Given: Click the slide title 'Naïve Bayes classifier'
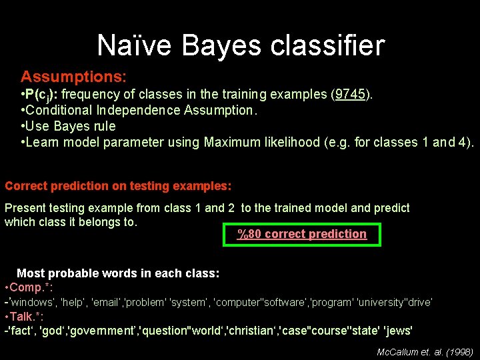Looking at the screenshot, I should point(241,45).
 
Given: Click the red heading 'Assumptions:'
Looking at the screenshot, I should point(73,77).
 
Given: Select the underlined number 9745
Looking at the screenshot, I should point(351,94).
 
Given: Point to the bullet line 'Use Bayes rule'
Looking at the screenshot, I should point(69,126).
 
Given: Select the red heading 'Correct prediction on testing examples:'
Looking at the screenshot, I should point(118,186).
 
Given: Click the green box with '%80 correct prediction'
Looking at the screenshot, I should point(302,234).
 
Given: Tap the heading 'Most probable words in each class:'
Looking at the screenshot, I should point(118,273).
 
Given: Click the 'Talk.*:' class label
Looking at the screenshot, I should point(27,316).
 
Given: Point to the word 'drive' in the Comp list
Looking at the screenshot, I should point(419,302).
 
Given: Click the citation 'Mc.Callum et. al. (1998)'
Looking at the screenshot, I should point(425,351).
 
